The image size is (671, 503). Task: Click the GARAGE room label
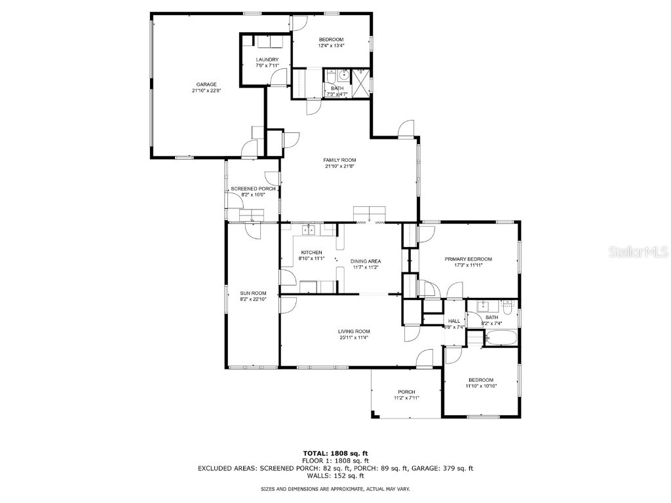(x=206, y=84)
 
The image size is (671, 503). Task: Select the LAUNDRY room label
(x=267, y=60)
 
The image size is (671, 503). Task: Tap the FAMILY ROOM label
(x=339, y=160)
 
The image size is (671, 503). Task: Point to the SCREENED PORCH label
(x=253, y=189)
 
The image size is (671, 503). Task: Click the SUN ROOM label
(x=253, y=293)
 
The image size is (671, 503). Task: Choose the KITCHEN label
(x=311, y=252)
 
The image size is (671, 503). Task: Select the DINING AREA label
(x=366, y=261)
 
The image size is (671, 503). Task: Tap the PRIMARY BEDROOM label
(x=468, y=259)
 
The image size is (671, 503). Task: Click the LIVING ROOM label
(x=354, y=331)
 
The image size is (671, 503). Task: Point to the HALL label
(x=453, y=321)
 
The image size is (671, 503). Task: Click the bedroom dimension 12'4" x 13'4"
(x=331, y=46)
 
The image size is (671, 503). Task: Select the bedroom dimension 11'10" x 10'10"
(x=480, y=386)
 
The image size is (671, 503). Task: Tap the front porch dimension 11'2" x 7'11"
(x=406, y=398)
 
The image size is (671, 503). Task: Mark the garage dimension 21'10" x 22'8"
(x=206, y=90)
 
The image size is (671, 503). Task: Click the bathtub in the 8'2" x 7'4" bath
(x=501, y=338)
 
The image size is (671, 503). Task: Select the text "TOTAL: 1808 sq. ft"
(x=335, y=453)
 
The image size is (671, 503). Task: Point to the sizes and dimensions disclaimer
(x=335, y=489)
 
